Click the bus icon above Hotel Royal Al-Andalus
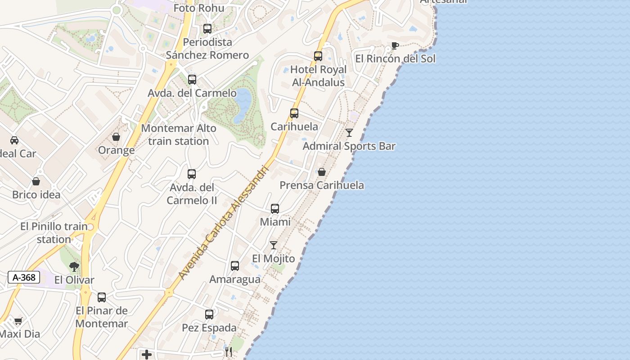tap(318, 56)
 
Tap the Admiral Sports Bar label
tap(349, 146)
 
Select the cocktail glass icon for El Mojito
tap(274, 245)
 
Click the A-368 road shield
tap(24, 277)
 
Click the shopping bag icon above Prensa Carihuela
tap(322, 172)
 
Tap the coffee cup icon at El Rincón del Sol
tap(395, 45)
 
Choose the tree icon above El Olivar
tap(74, 267)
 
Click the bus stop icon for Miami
tap(275, 209)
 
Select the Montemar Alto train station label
tap(179, 135)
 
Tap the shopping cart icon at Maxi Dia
tap(18, 321)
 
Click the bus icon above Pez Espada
tap(209, 315)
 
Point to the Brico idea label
tap(36, 195)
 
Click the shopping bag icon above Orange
tap(116, 137)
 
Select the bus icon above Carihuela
tap(294, 113)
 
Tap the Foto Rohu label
tap(198, 8)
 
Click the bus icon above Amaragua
tap(235, 266)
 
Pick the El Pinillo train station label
tap(54, 233)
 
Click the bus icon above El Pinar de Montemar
tap(102, 297)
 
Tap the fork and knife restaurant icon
tap(229, 352)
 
